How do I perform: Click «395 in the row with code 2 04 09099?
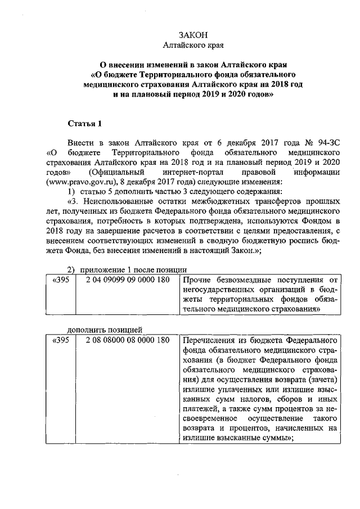60,280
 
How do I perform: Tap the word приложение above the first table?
103,269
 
